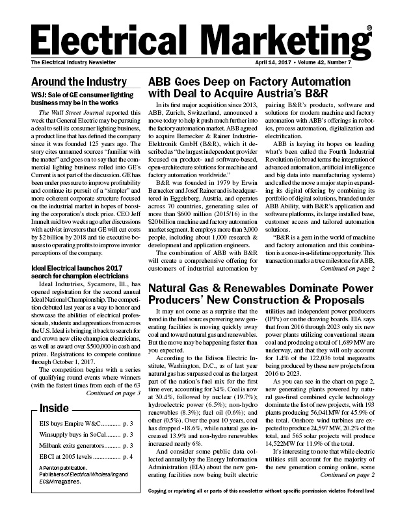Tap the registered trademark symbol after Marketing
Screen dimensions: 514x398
pos(369,28)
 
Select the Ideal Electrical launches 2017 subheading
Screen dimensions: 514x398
pos(81,275)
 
